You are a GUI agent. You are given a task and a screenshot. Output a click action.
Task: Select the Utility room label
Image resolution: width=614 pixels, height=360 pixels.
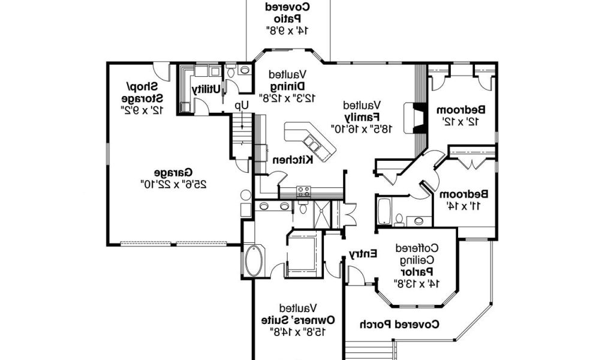[x=206, y=89]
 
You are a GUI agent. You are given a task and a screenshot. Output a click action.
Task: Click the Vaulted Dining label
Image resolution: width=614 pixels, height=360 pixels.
[x=287, y=86]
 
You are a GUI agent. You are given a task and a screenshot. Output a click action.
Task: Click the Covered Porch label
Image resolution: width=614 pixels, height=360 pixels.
[x=399, y=325]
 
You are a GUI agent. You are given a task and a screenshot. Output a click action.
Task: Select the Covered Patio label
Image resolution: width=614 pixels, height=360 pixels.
[x=288, y=18]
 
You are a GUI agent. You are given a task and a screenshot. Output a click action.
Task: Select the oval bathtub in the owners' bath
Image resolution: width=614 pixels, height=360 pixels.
[x=253, y=260]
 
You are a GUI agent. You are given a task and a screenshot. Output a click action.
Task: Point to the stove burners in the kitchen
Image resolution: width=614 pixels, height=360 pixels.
[x=304, y=191]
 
